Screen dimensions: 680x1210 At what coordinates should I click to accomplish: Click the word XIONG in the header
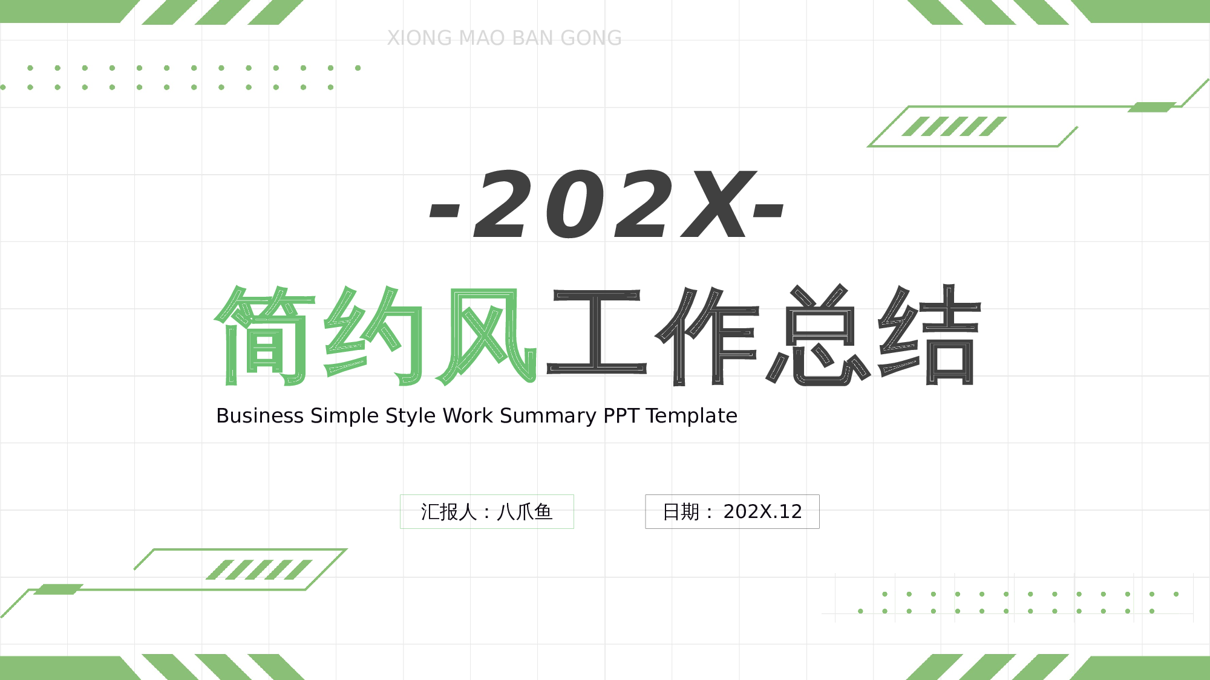(x=419, y=38)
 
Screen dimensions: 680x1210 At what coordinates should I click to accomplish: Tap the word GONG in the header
(x=591, y=38)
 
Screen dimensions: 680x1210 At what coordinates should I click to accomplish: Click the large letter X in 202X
(x=718, y=204)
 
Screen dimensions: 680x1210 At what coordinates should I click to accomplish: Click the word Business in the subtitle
(x=260, y=416)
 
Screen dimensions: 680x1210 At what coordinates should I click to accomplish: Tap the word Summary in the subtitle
(x=548, y=416)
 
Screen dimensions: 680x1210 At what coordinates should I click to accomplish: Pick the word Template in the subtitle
(x=692, y=416)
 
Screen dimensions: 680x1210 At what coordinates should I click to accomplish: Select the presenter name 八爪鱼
(x=525, y=512)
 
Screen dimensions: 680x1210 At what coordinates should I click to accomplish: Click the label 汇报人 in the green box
(x=448, y=512)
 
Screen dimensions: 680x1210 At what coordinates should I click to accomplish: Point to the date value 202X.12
(x=762, y=512)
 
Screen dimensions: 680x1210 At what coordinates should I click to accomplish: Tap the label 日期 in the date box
(x=681, y=512)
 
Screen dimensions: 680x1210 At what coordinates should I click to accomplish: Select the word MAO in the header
(x=482, y=38)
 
